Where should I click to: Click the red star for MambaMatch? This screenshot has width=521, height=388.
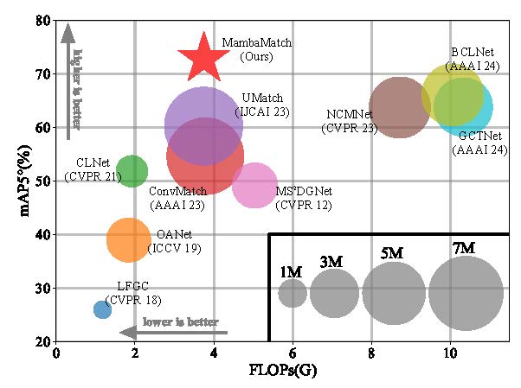click(x=203, y=56)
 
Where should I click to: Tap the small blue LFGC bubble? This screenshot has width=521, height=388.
click(x=102, y=309)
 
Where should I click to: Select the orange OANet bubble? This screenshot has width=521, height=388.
click(x=129, y=240)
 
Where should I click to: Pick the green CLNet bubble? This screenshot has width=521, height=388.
click(x=131, y=171)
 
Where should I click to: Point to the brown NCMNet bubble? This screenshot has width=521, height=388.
click(x=399, y=107)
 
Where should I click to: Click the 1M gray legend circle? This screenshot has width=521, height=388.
click(x=293, y=293)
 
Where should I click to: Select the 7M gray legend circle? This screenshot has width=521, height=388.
click(x=466, y=293)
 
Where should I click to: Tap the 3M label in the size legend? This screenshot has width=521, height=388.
click(x=330, y=262)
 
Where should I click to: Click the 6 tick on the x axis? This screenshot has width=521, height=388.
click(x=293, y=353)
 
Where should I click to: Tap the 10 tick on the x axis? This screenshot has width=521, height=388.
click(x=450, y=353)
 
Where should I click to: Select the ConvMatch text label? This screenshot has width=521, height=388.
click(x=177, y=191)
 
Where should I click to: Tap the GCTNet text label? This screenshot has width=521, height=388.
click(x=477, y=137)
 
